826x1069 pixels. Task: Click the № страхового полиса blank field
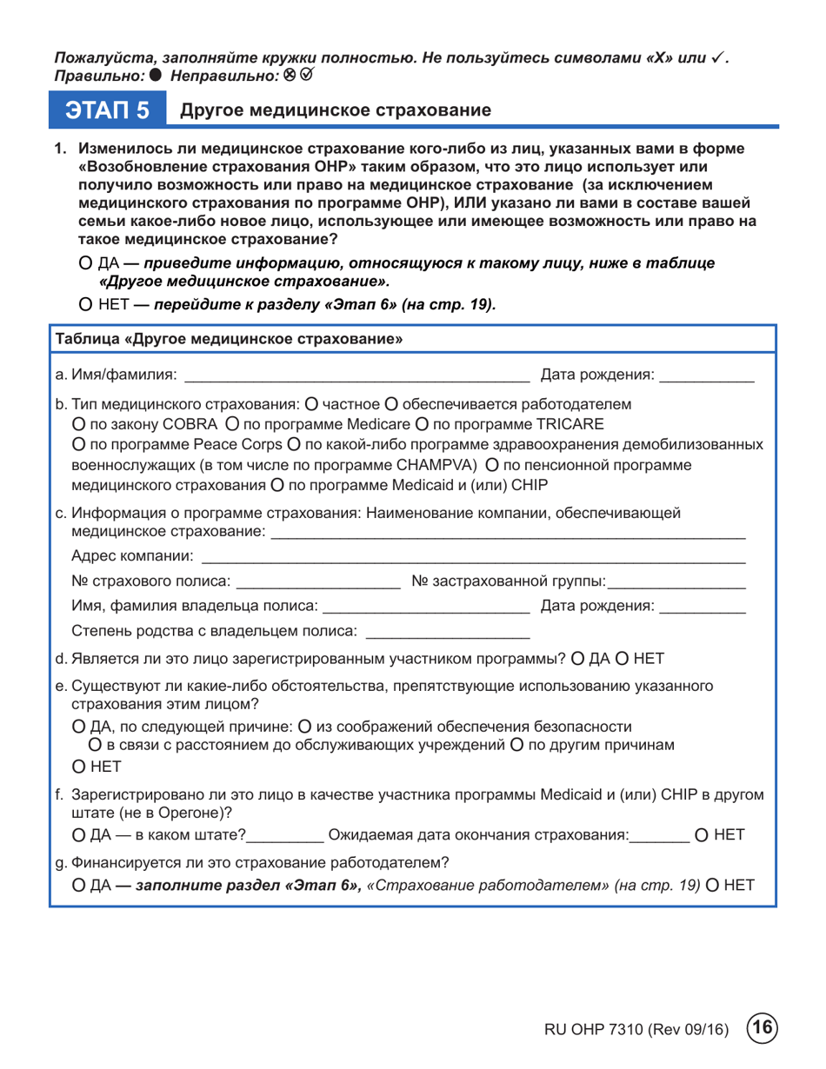pyautogui.click(x=316, y=580)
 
